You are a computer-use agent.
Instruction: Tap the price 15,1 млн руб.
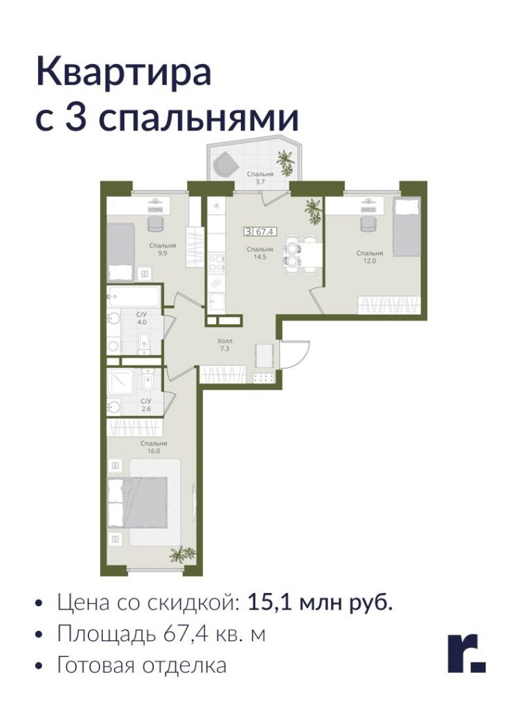[x=320, y=602]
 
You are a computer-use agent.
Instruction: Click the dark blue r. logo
[x=466, y=654]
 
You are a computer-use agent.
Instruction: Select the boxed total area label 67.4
[x=260, y=232]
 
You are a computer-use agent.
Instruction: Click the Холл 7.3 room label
[x=225, y=345]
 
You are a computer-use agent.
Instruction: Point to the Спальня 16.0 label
[x=153, y=447]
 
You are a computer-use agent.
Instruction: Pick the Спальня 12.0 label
[x=370, y=256]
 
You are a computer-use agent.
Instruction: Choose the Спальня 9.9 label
[x=162, y=249]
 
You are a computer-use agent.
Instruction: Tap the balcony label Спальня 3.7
[x=260, y=177]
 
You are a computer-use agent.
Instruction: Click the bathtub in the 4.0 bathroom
[x=133, y=296]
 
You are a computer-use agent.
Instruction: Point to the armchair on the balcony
[x=226, y=164]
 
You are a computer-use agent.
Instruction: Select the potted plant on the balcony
[x=285, y=162]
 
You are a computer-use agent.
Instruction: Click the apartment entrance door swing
[x=295, y=354]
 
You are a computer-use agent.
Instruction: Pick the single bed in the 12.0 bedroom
[x=407, y=228]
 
